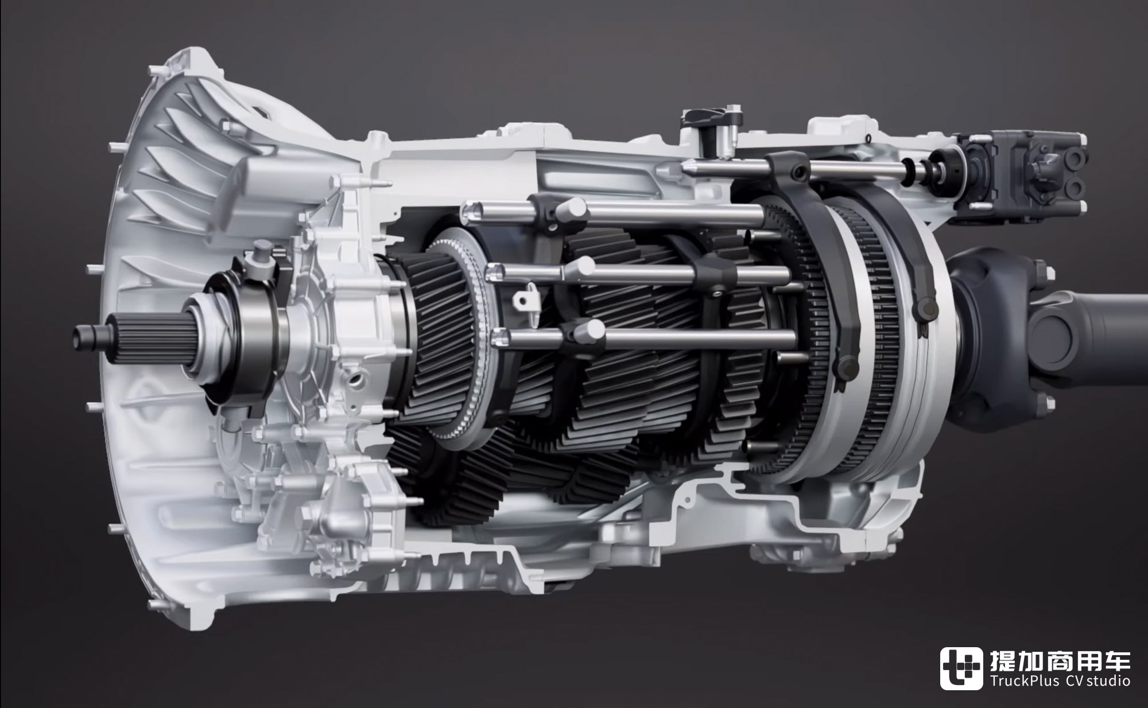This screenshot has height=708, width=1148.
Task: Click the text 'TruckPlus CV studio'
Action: [1060, 680]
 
